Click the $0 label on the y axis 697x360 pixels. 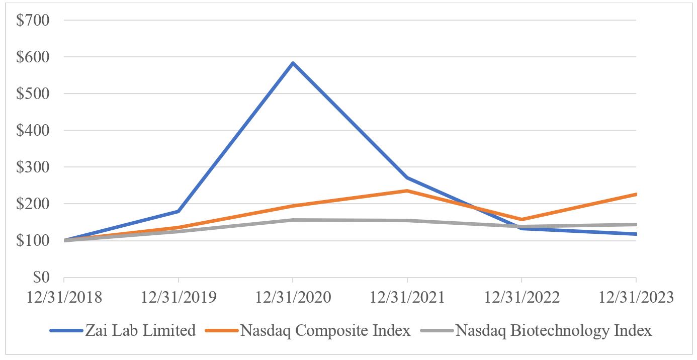coord(41,278)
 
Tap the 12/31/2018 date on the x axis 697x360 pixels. coord(64,297)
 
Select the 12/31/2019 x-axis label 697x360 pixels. coord(179,297)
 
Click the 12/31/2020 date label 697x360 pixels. coord(293,297)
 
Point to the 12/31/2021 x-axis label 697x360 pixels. coord(407,297)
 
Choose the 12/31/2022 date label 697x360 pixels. coord(521,297)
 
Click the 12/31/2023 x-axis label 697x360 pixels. coord(636,297)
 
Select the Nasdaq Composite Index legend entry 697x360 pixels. coord(325,331)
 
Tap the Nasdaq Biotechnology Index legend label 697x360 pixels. coord(553,331)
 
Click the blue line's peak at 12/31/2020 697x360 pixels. coord(293,63)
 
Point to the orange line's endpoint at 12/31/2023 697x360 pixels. coord(636,194)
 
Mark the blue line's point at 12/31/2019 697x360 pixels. coord(179,211)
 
